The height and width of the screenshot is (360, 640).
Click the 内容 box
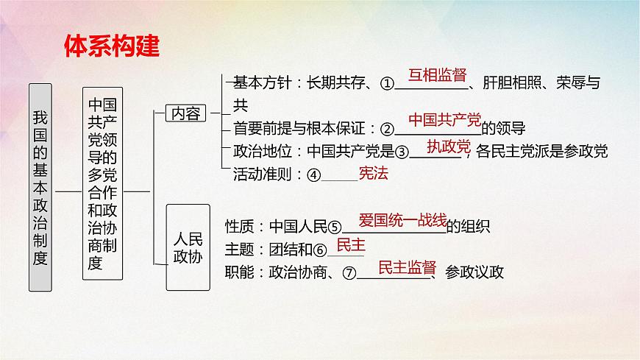pyautogui.click(x=187, y=113)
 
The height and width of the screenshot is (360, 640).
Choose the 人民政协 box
pyautogui.click(x=188, y=247)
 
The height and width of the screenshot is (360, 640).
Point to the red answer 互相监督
pyautogui.click(x=438, y=75)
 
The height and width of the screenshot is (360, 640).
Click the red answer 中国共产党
pyautogui.click(x=444, y=119)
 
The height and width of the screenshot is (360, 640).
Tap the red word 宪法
pyautogui.click(x=373, y=174)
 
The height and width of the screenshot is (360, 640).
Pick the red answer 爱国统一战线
pyautogui.click(x=402, y=219)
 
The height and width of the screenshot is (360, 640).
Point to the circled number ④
pyautogui.click(x=315, y=175)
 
